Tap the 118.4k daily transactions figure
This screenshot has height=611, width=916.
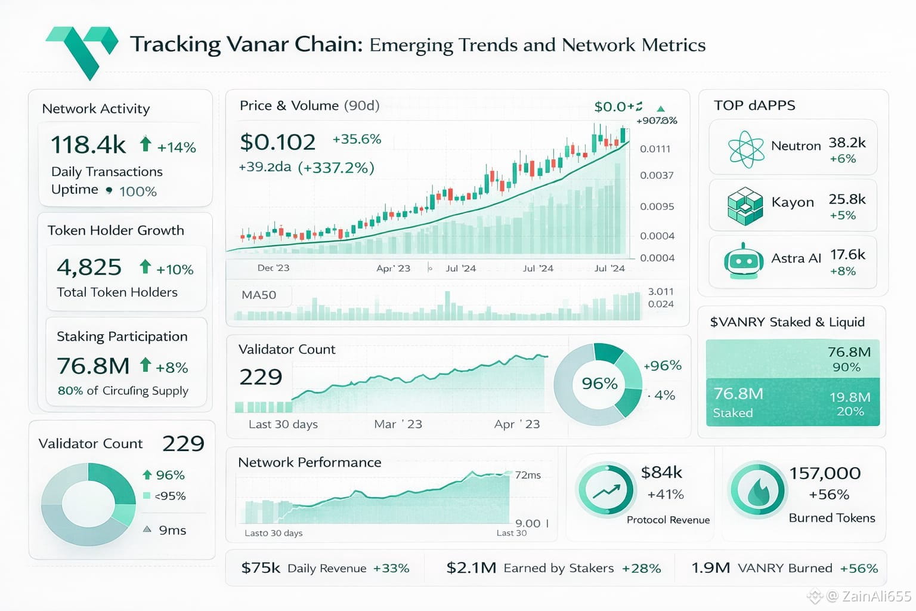point(88,145)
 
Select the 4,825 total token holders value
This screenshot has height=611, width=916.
point(89,267)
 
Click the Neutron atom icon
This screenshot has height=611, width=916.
point(745,148)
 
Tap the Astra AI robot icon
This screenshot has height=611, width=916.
point(743,261)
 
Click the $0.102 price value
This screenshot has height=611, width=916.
point(277,142)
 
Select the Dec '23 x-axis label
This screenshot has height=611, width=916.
point(273,268)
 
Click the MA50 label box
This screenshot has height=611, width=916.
point(259,295)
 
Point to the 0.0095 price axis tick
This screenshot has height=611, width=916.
point(657,206)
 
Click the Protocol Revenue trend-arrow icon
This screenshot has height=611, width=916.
point(605,490)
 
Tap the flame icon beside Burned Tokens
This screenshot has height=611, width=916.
point(758,490)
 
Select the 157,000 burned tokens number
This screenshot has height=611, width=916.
point(825,473)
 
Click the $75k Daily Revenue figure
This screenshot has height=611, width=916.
point(260,568)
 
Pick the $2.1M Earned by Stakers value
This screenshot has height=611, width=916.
point(471,568)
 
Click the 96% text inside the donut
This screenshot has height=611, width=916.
point(599,383)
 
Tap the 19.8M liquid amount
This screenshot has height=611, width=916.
point(850,397)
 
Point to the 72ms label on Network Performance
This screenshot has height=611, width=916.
point(528,475)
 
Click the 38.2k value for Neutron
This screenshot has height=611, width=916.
point(847,143)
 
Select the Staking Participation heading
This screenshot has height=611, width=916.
point(122,337)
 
